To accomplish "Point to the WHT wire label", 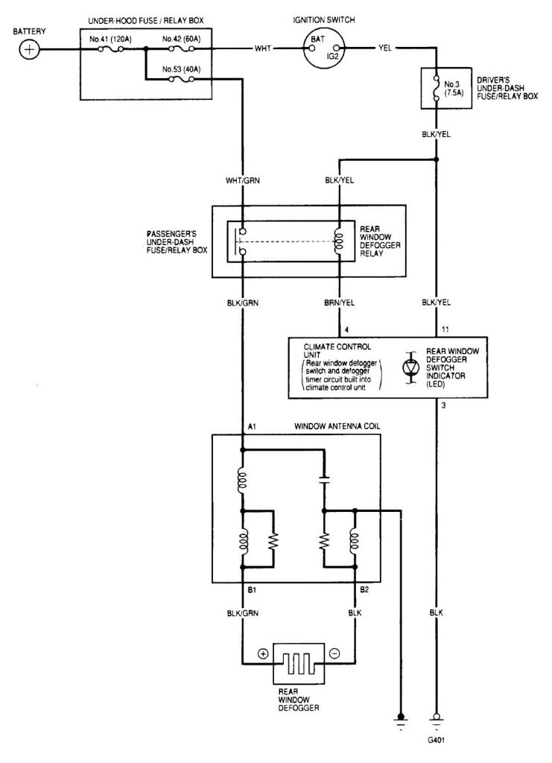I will click(263, 49).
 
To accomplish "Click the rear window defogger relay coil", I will click(340, 241).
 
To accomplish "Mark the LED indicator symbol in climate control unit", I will click(409, 367).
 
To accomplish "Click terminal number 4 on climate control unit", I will click(340, 328).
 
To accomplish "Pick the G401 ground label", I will click(437, 741).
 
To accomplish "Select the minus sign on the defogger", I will click(333, 653).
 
